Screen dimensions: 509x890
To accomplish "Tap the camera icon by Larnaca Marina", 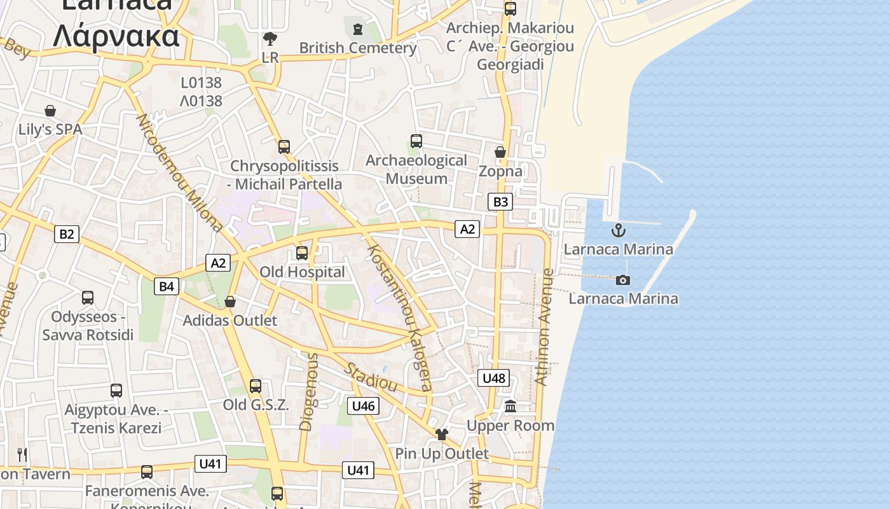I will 623,280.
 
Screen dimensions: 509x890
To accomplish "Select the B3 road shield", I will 500,202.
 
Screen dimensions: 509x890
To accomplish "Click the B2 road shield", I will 66,234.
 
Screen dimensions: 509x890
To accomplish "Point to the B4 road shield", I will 166,286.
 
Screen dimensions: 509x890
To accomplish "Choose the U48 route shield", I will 493,379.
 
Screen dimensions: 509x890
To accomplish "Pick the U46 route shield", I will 363,406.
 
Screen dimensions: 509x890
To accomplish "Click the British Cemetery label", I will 358,48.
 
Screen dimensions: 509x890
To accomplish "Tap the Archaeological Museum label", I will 416,169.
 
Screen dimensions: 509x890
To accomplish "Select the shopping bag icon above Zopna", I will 500,152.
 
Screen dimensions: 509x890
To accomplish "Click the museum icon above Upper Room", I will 510,406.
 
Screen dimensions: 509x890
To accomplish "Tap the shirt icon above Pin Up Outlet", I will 441,435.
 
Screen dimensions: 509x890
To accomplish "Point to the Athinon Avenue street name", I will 544,327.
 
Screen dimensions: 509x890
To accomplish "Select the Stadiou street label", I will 371,377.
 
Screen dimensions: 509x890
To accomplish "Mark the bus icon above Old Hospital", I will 302,253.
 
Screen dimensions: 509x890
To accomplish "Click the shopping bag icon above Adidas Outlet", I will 230,301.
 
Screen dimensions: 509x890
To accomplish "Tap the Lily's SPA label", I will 50,129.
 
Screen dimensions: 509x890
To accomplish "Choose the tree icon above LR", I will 270,39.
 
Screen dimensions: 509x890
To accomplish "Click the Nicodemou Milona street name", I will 179,172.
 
